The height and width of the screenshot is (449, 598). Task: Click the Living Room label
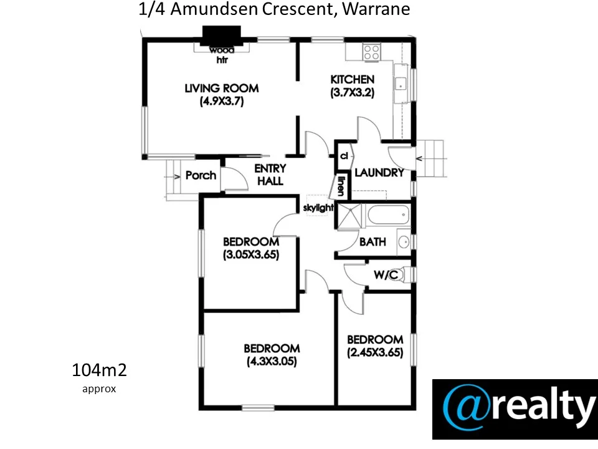click(x=221, y=89)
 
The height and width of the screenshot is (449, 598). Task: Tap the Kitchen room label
click(x=352, y=80)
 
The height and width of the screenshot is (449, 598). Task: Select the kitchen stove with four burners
click(x=372, y=51)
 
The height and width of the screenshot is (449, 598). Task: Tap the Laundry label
click(x=379, y=173)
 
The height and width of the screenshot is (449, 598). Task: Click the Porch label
click(x=201, y=175)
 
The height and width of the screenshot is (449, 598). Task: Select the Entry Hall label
click(x=270, y=175)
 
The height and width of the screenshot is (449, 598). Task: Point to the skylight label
click(x=318, y=208)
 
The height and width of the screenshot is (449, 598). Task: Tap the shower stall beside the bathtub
click(x=349, y=216)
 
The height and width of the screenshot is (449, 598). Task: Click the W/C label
click(x=386, y=275)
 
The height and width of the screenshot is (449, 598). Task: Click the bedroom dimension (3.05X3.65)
click(x=250, y=254)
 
